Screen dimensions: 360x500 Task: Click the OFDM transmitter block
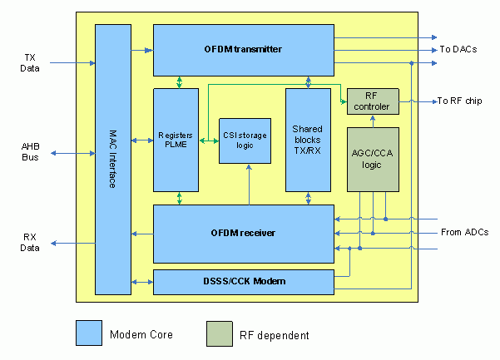(243, 50)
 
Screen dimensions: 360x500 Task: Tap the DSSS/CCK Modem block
(243, 282)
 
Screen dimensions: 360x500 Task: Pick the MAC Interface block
(113, 158)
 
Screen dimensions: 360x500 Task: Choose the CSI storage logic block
(245, 141)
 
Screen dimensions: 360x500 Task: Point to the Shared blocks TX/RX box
(308, 140)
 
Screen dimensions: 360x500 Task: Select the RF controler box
(373, 101)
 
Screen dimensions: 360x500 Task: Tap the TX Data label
(30, 62)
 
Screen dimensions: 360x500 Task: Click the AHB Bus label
(30, 152)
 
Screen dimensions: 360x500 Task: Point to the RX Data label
(30, 242)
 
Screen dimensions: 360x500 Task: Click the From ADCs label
(463, 232)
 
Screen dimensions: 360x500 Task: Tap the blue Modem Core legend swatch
(89, 333)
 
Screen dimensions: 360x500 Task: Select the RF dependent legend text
(275, 335)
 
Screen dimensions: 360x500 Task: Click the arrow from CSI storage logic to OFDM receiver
(249, 184)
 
